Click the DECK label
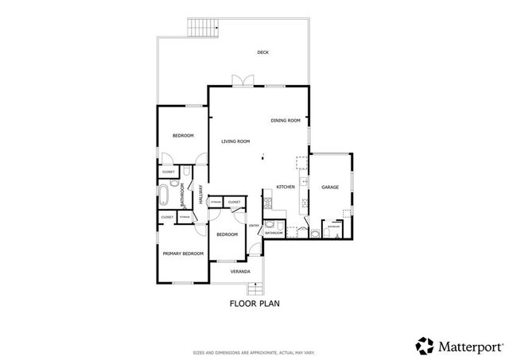click(262, 52)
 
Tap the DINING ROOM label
click(285, 120)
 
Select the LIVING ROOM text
click(235, 141)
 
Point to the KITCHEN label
click(286, 187)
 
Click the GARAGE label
click(330, 187)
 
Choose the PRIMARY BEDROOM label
click(183, 254)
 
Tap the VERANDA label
click(240, 272)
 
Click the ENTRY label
click(254, 226)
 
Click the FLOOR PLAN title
click(254, 303)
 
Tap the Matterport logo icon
click(425, 346)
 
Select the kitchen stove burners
click(301, 165)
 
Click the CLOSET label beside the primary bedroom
click(167, 217)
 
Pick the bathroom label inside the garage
click(334, 226)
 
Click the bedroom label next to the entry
click(227, 234)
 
